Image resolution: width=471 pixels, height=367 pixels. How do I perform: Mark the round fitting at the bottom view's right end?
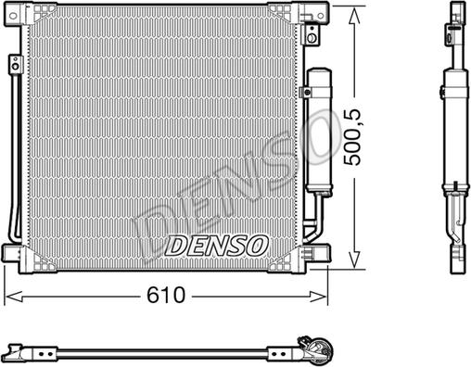tap(318, 349)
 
